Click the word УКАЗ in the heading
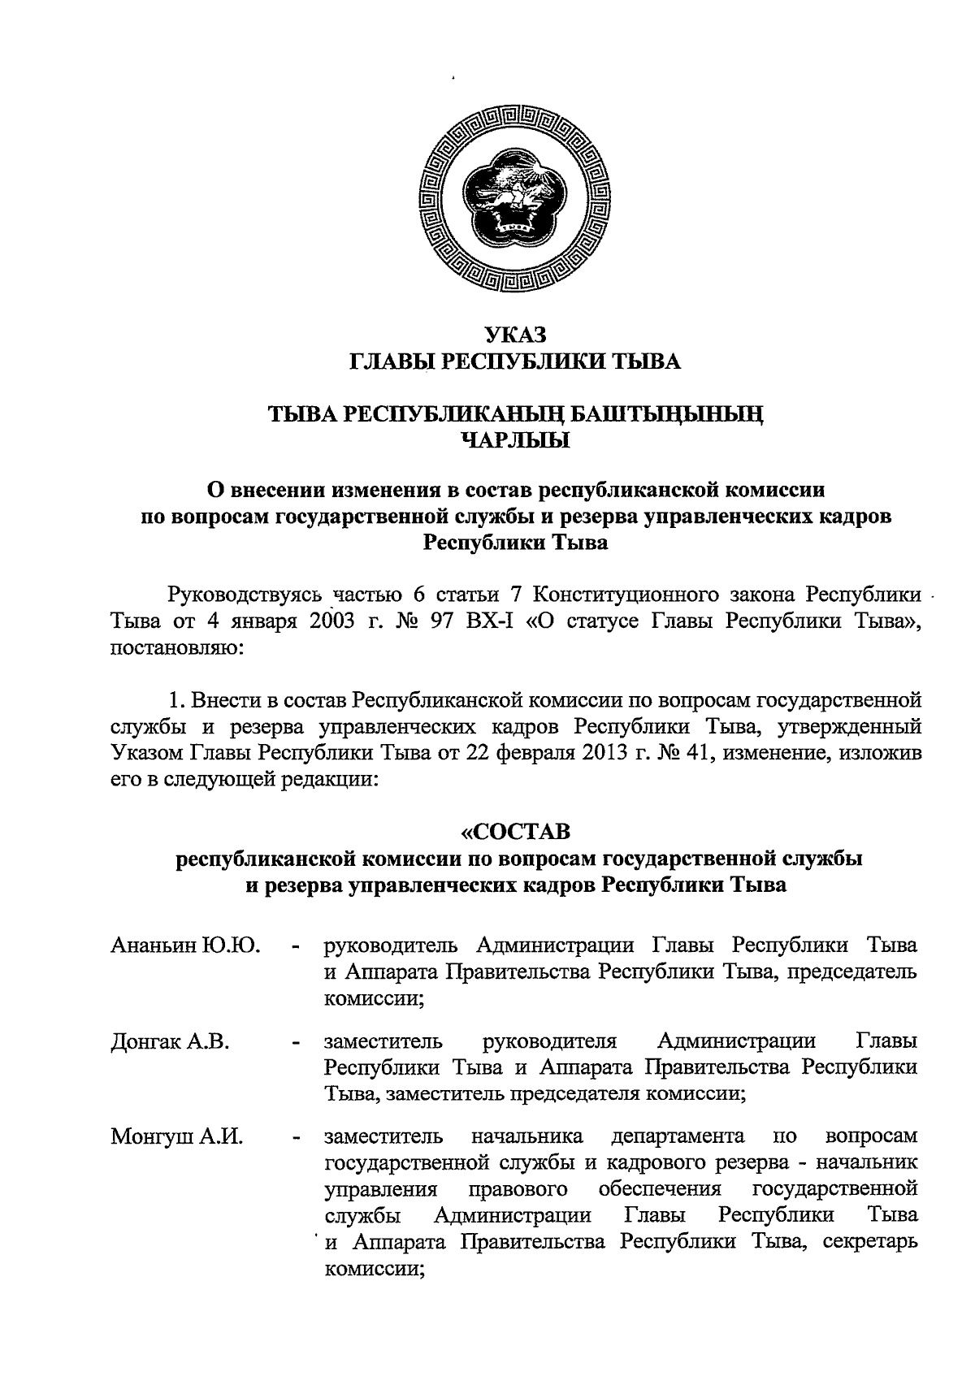(516, 334)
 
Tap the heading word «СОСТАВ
(516, 831)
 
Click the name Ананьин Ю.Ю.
(184, 945)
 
